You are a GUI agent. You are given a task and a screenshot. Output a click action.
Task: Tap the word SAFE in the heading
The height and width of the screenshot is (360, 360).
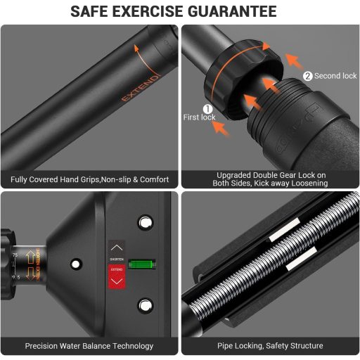[x=94, y=12]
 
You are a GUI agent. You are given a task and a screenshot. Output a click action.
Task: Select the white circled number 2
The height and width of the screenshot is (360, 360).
[x=308, y=76]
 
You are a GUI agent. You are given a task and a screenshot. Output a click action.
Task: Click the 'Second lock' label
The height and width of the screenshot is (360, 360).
[x=336, y=76]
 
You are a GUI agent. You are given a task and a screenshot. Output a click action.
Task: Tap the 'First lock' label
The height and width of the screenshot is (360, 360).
[x=200, y=117]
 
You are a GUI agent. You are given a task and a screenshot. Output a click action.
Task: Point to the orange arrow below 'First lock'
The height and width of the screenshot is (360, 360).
[x=219, y=129]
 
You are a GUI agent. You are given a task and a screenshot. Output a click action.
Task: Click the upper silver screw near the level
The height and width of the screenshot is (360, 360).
[x=146, y=223]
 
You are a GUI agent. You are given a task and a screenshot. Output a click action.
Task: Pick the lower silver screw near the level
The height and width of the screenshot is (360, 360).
[x=146, y=304]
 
